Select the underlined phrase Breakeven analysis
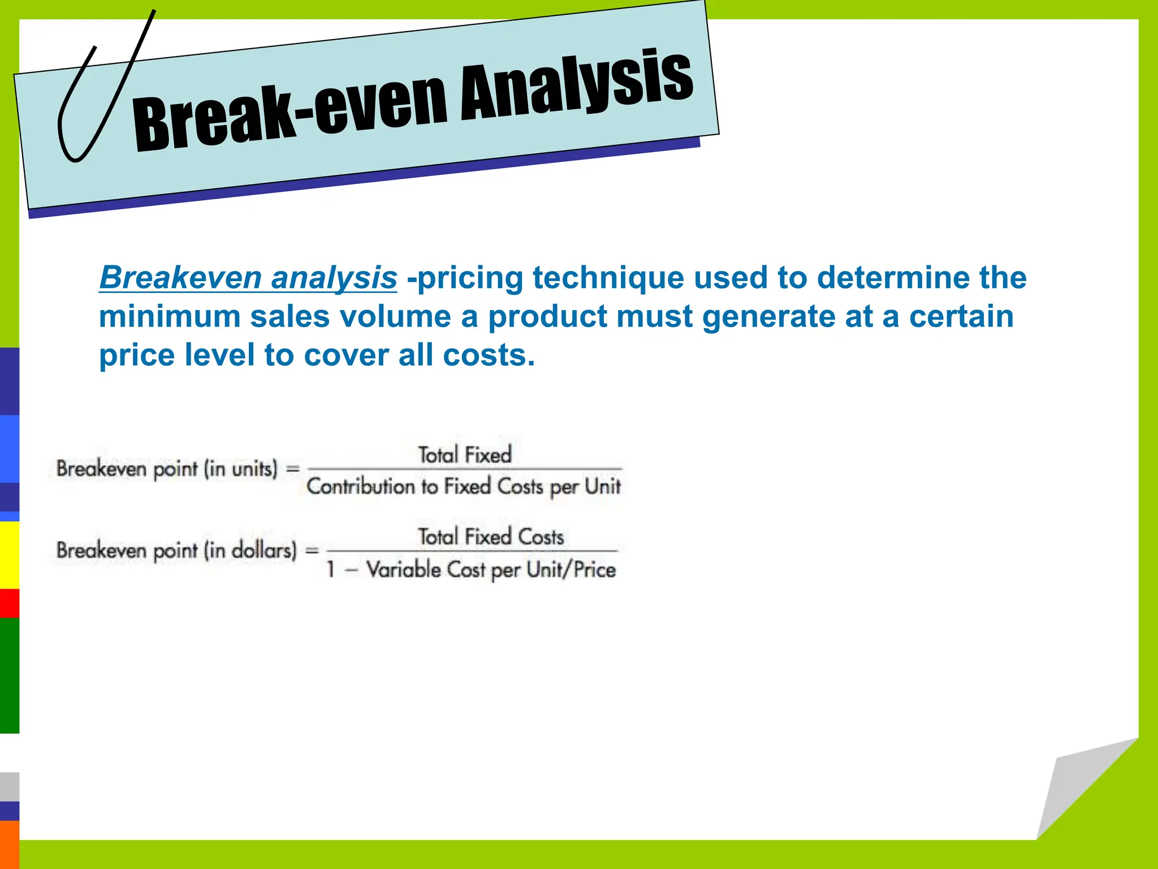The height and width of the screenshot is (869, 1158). tap(248, 278)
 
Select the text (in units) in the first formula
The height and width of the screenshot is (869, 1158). tap(241, 469)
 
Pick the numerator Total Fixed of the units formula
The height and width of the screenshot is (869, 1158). tap(464, 455)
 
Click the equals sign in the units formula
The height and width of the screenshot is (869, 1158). tap(292, 469)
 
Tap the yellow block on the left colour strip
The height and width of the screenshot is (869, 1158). tap(9, 554)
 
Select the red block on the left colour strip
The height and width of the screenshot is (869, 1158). tap(9, 603)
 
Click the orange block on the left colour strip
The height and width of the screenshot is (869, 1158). tap(9, 844)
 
